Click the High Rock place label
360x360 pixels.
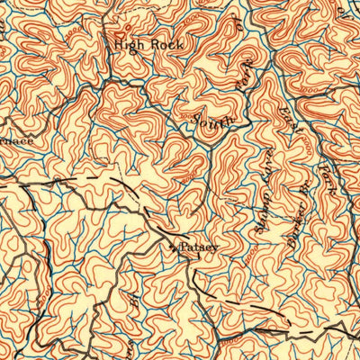click(x=148, y=43)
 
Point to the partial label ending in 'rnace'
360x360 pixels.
click(x=15, y=141)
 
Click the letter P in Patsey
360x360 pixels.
click(x=184, y=246)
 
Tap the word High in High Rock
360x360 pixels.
click(x=128, y=43)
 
